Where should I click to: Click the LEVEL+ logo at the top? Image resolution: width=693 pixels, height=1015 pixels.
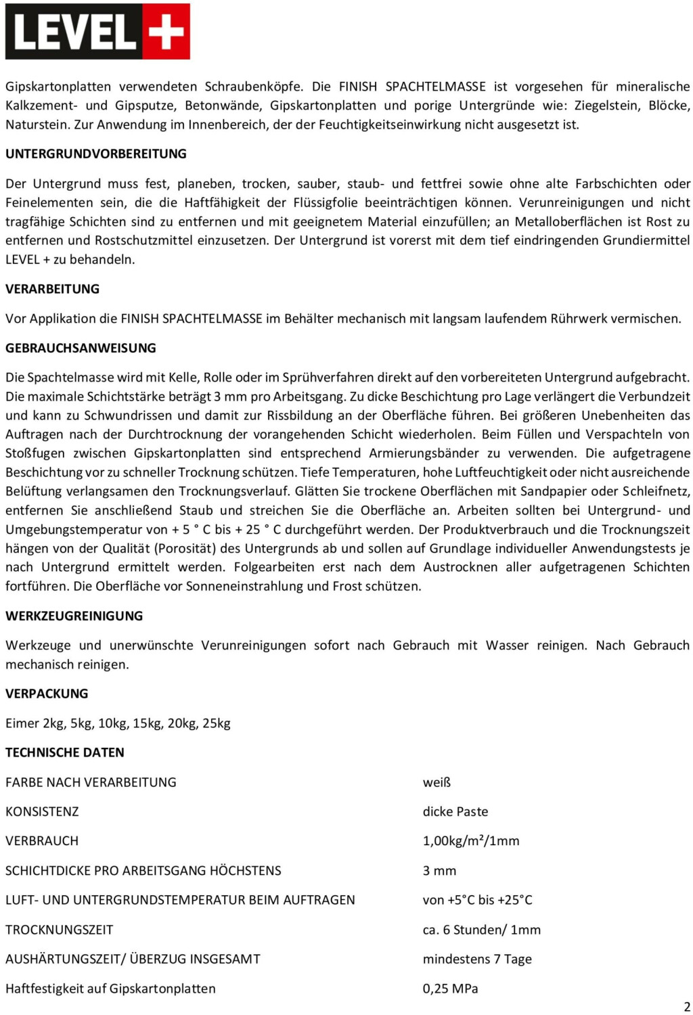[97, 32]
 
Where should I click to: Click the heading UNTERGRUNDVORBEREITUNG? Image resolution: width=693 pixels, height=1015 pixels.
[96, 154]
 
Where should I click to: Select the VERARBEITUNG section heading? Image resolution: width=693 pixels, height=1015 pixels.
[52, 289]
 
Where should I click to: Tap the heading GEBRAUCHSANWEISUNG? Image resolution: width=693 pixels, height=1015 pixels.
[81, 348]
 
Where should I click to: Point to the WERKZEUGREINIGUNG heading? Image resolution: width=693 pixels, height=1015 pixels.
[74, 616]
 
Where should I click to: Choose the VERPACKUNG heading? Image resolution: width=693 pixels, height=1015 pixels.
[47, 694]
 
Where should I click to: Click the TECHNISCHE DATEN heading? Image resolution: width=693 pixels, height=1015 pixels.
[65, 752]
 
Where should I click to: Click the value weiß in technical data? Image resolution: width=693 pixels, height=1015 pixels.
[437, 782]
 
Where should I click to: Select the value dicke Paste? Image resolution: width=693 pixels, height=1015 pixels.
[455, 811]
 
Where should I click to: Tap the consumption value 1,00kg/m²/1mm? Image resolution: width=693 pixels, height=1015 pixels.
[471, 841]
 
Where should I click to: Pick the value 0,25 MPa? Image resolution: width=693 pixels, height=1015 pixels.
[450, 989]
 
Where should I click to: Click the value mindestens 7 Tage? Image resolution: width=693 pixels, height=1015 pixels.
[477, 959]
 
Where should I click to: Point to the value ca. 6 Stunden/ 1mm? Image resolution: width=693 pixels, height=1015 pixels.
[481, 930]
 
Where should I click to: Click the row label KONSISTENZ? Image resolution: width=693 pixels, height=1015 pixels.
[42, 811]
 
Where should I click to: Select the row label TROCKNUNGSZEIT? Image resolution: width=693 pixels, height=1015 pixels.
[59, 930]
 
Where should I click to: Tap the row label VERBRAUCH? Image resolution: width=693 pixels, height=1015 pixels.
[42, 841]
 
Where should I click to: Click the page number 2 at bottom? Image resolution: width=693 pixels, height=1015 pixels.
[687, 1006]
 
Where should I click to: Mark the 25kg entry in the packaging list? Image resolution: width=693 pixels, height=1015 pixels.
[217, 723]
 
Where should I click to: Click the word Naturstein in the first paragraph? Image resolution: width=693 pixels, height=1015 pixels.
[37, 125]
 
